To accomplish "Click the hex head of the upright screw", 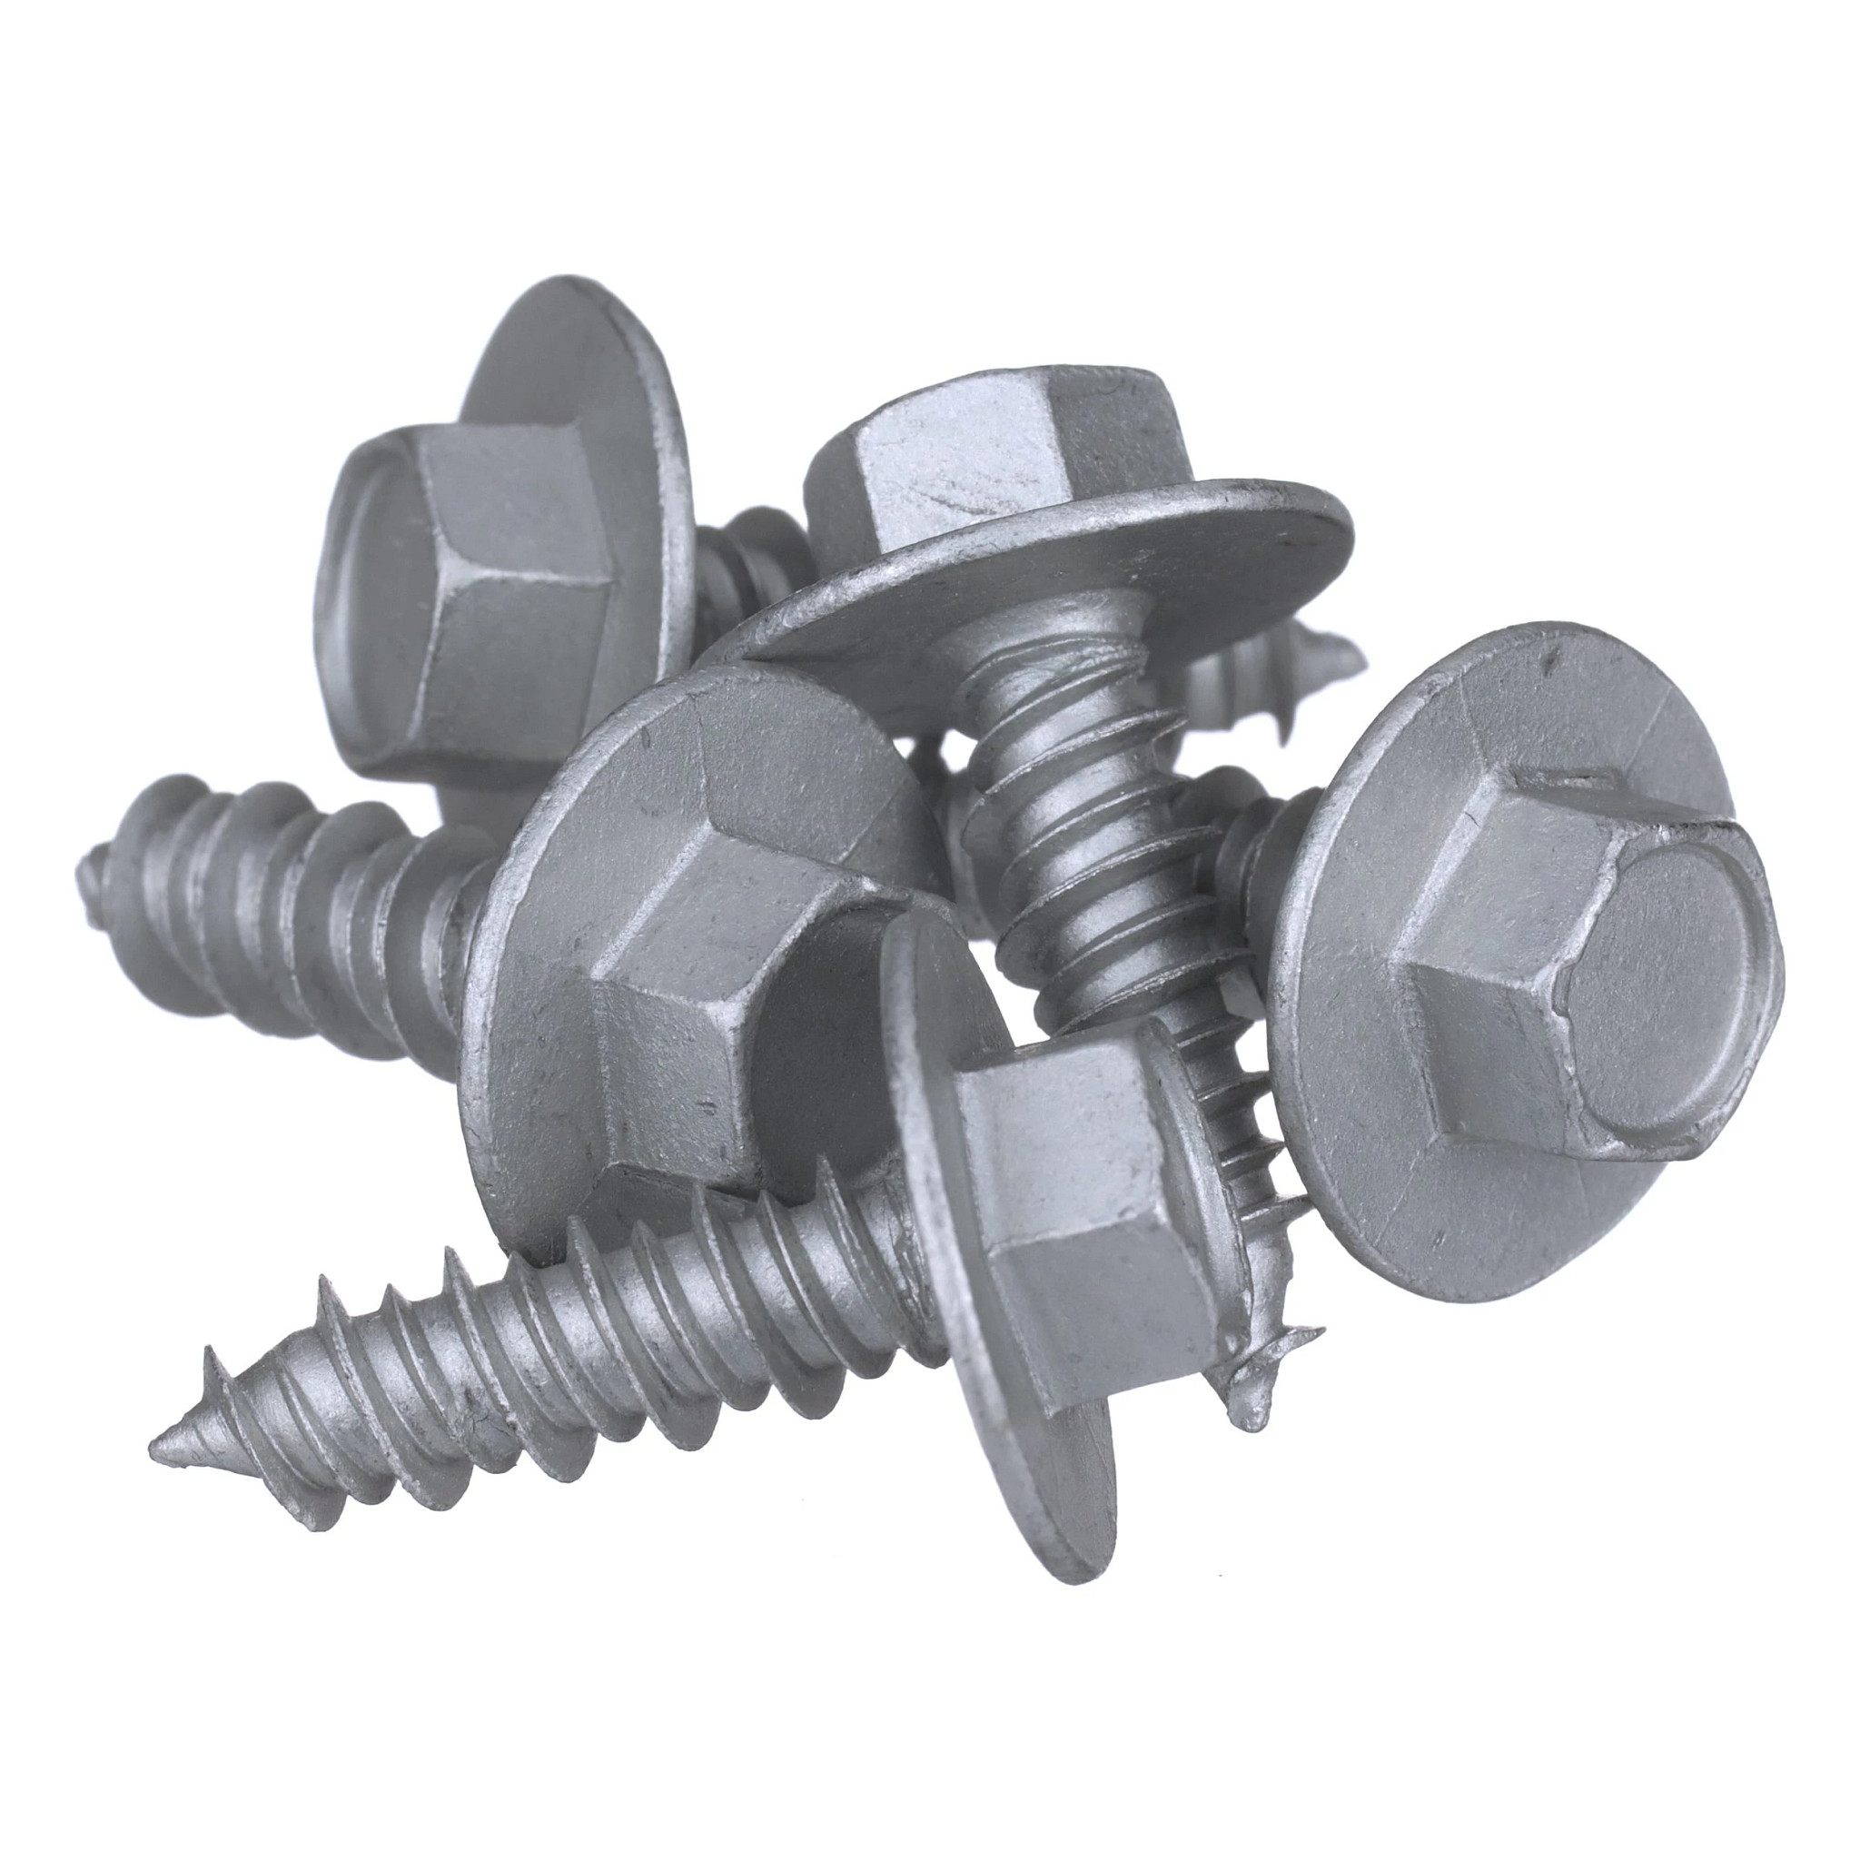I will coord(992,452).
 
